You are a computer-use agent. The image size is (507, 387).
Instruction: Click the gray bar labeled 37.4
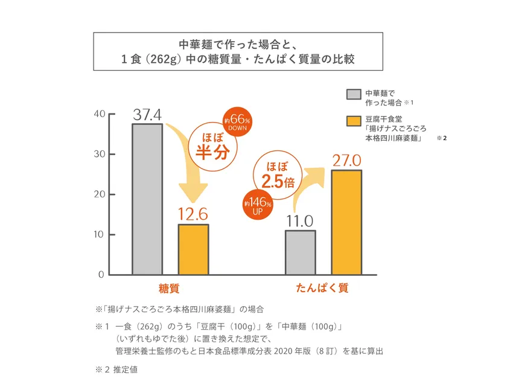click(147, 199)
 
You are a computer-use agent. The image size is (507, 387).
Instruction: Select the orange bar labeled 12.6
click(193, 249)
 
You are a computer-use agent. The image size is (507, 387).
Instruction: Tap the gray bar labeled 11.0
click(300, 252)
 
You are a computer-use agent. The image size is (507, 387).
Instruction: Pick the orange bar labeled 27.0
click(346, 222)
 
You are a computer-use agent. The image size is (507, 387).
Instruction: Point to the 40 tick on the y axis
click(99, 114)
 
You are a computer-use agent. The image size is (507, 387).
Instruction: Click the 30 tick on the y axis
click(99, 155)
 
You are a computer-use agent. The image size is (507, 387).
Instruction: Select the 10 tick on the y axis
click(99, 235)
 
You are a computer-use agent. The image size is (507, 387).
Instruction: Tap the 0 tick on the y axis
click(101, 275)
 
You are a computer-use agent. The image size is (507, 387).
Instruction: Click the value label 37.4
click(148, 114)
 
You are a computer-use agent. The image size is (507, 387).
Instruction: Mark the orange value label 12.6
click(193, 214)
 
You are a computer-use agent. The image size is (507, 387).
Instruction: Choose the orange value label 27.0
click(346, 160)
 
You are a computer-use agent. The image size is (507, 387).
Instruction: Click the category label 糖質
click(169, 289)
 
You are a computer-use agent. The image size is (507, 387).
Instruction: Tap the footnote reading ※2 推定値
click(116, 369)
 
